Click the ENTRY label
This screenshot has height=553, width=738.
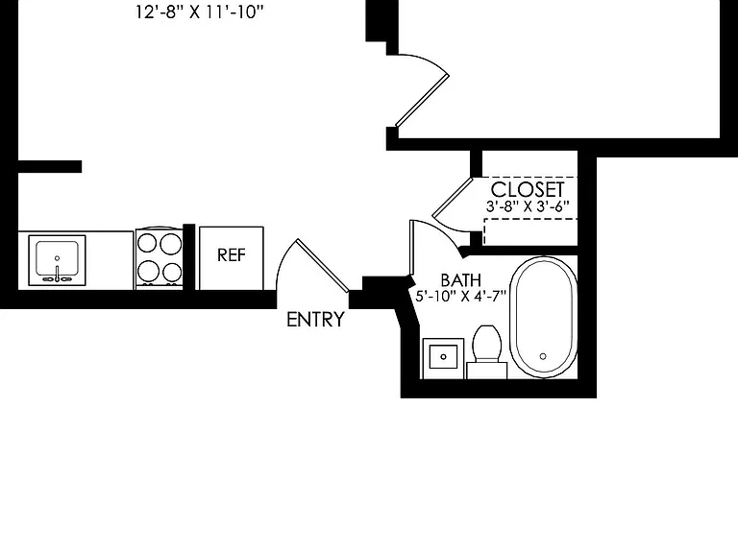tap(315, 320)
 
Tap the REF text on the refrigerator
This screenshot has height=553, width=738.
tap(232, 254)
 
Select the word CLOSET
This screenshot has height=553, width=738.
tap(528, 189)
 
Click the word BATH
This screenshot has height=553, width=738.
tap(461, 280)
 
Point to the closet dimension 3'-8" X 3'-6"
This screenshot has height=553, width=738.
tap(528, 206)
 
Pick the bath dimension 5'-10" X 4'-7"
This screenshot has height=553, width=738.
tap(461, 297)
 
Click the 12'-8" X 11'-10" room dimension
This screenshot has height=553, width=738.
tap(200, 12)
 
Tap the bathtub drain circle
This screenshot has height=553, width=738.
tap(543, 356)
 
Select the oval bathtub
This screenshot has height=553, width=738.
tap(544, 317)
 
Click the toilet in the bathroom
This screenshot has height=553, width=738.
tap(486, 351)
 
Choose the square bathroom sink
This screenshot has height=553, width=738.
tap(443, 358)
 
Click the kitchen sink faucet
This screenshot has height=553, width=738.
tap(57, 274)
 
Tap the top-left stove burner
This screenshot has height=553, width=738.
tap(147, 244)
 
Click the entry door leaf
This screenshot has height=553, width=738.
tap(323, 266)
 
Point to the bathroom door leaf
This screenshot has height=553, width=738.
tap(411, 248)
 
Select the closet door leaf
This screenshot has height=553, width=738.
tap(453, 198)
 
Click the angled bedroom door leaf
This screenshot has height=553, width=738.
tap(422, 100)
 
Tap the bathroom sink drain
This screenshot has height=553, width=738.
tap(443, 356)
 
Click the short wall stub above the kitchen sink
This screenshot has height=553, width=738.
tap(50, 166)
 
